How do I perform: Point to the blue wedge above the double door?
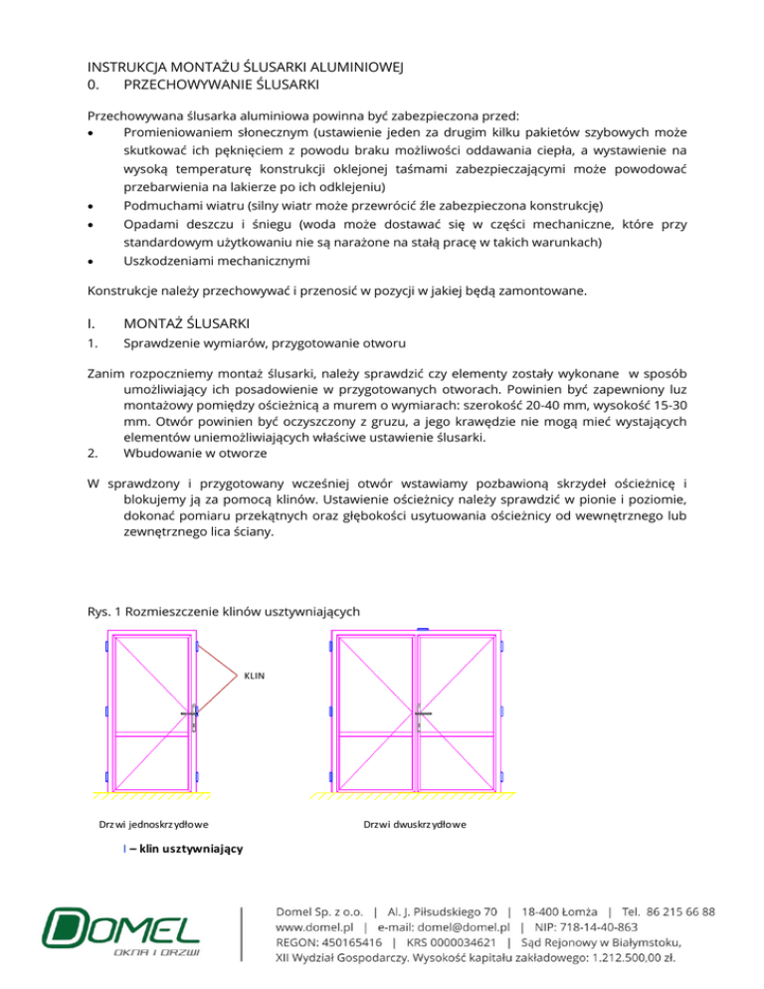pos(422,629)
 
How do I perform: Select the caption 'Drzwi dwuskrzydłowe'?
pos(416,825)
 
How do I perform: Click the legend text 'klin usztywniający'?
pos(185,848)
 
